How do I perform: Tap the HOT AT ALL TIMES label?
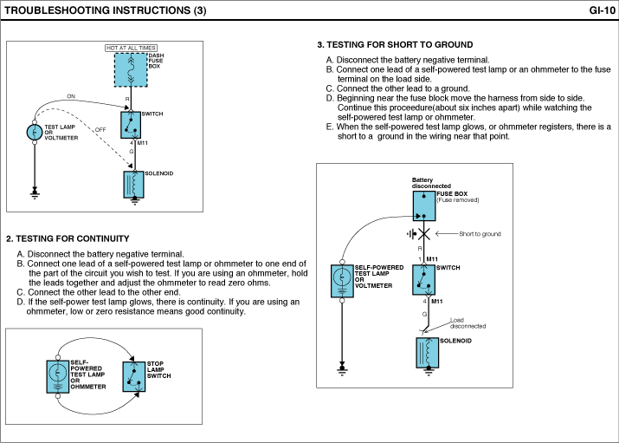click(131, 48)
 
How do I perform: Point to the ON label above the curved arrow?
click(71, 96)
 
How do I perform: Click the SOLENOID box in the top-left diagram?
click(132, 184)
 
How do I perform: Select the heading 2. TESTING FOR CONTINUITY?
click(68, 238)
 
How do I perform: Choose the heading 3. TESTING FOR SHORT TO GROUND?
click(395, 44)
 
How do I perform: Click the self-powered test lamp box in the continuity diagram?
click(57, 373)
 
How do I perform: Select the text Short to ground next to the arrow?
click(480, 234)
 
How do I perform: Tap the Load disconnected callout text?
click(467, 323)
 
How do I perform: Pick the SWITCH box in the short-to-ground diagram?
click(426, 277)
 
